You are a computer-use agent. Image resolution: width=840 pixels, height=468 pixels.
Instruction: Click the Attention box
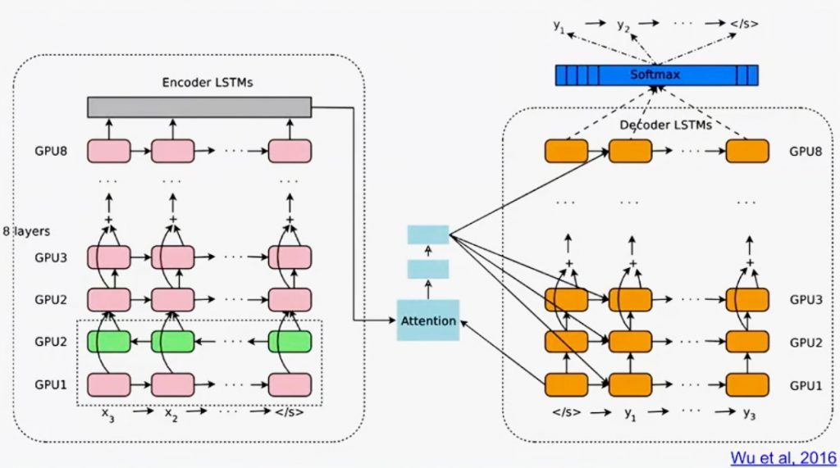pyautogui.click(x=428, y=320)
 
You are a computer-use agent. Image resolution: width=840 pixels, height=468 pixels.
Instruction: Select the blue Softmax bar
pyautogui.click(x=657, y=75)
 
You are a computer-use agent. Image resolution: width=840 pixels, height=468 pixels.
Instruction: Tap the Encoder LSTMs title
pyautogui.click(x=208, y=83)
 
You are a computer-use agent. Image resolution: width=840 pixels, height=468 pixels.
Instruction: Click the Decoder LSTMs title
pyautogui.click(x=665, y=125)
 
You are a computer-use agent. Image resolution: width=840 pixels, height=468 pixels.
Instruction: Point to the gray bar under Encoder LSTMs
pyautogui.click(x=199, y=107)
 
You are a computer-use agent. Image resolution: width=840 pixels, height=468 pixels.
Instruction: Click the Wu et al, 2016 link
pyautogui.click(x=783, y=458)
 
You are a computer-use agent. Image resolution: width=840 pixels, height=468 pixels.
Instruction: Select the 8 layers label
pyautogui.click(x=27, y=231)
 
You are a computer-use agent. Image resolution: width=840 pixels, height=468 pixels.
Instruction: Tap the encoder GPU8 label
pyautogui.click(x=51, y=151)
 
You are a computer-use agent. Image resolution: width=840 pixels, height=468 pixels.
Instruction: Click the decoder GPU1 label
pyautogui.click(x=806, y=385)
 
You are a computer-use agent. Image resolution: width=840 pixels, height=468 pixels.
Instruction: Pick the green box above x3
pyautogui.click(x=109, y=342)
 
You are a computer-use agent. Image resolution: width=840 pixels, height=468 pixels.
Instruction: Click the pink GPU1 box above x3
pyautogui.click(x=109, y=385)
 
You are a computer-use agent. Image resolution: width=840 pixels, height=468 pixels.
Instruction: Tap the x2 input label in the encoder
pyautogui.click(x=171, y=414)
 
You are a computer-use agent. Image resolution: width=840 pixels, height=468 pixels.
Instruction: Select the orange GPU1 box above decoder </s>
pyautogui.click(x=566, y=385)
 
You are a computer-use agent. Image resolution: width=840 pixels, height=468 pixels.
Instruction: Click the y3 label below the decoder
pyautogui.click(x=749, y=413)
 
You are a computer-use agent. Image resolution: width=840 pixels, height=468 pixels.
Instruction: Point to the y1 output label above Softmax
pyautogui.click(x=559, y=25)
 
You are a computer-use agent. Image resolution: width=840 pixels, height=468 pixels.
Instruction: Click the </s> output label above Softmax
pyautogui.click(x=745, y=24)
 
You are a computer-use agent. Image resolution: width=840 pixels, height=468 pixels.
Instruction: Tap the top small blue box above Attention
pyautogui.click(x=428, y=234)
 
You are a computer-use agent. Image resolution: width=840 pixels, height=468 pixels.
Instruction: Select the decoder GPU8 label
pyautogui.click(x=806, y=151)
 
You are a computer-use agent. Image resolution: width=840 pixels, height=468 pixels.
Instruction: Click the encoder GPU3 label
pyautogui.click(x=51, y=257)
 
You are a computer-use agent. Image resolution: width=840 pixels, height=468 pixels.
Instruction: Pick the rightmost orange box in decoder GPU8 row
pyautogui.click(x=747, y=151)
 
